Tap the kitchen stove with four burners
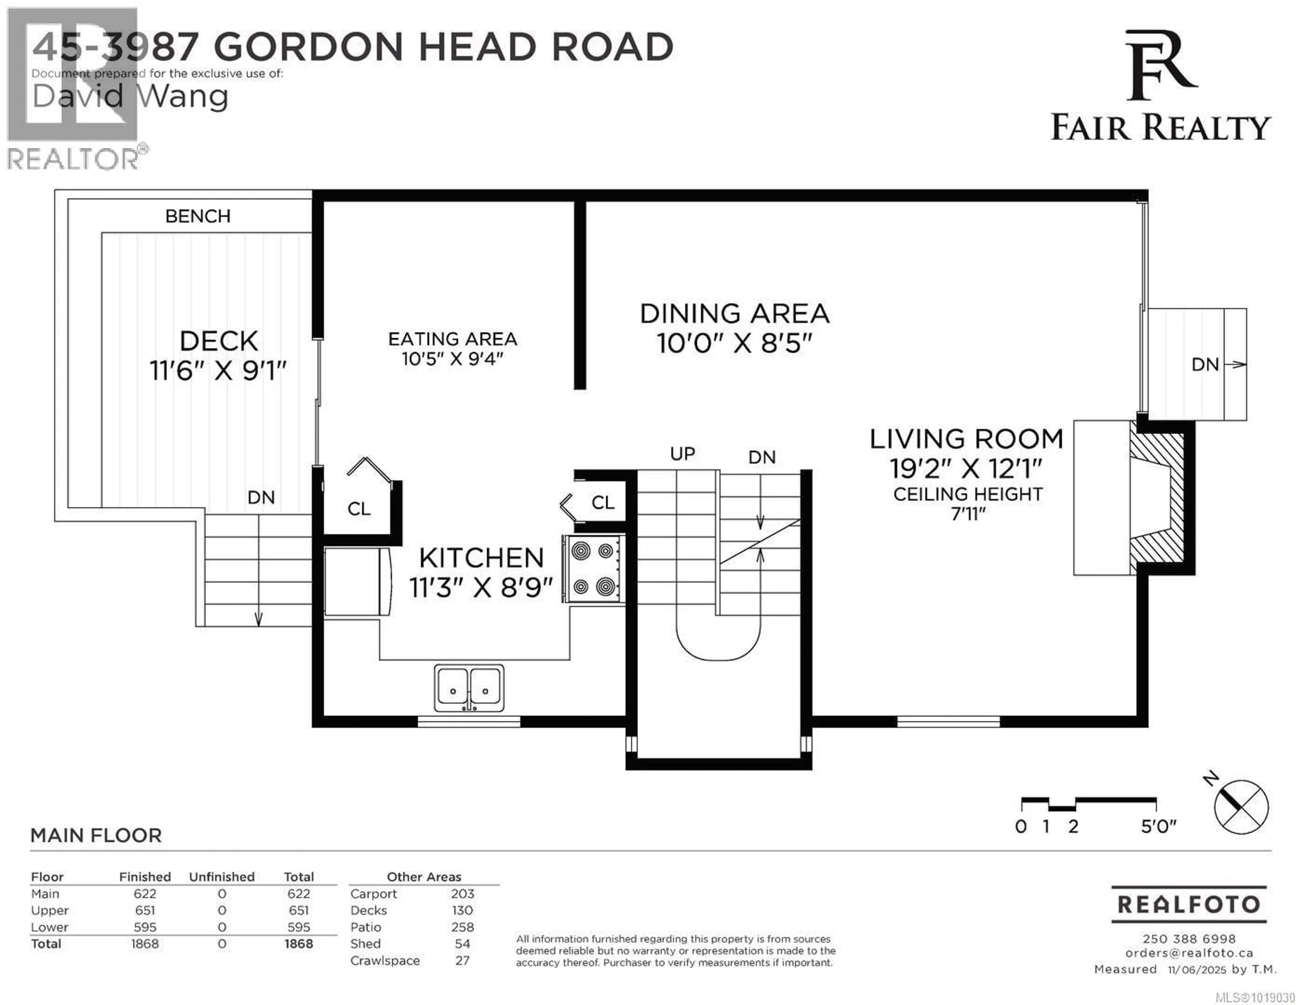pos(593,569)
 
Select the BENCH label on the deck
pos(198,216)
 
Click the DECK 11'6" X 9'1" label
pos(218,356)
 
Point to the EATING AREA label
pos(452,339)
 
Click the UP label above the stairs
pos(682,454)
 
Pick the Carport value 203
pos(462,894)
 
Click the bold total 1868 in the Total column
pos(298,944)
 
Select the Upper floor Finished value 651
pos(145,910)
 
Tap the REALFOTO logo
pos(1189,904)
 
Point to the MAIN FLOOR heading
pos(96,835)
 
